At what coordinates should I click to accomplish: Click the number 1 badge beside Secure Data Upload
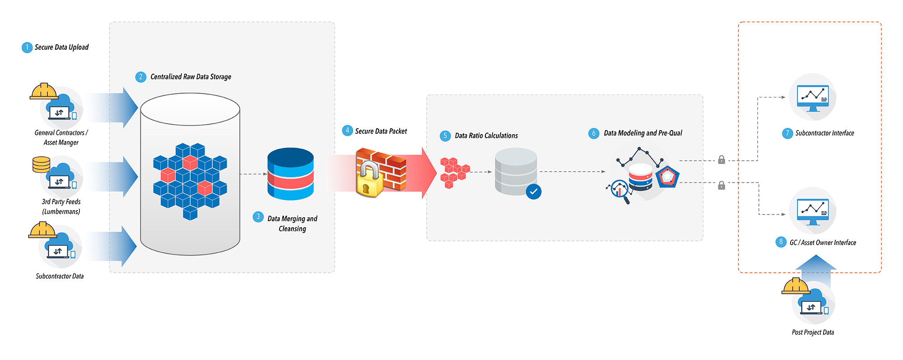pyautogui.click(x=27, y=47)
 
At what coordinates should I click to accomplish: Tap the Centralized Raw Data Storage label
pyautogui.click(x=191, y=77)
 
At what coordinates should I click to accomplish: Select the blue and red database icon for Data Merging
pyautogui.click(x=290, y=174)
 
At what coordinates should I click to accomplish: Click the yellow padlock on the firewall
pyautogui.click(x=369, y=180)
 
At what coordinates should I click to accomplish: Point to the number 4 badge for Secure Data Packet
pyautogui.click(x=347, y=131)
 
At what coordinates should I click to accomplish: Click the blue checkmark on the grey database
pyautogui.click(x=533, y=192)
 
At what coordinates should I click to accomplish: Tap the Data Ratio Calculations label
pyautogui.click(x=486, y=136)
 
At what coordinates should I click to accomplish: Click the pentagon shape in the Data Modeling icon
pyautogui.click(x=667, y=177)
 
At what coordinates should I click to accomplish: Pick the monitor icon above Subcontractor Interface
pyautogui.click(x=813, y=98)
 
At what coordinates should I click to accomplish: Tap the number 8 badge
pyautogui.click(x=781, y=242)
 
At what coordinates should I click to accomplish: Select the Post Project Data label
pyautogui.click(x=813, y=332)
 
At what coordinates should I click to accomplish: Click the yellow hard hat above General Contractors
pyautogui.click(x=44, y=91)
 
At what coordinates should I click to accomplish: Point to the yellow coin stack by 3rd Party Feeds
pyautogui.click(x=41, y=164)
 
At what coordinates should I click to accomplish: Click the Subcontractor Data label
pyautogui.click(x=60, y=276)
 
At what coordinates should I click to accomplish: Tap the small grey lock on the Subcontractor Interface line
pyautogui.click(x=721, y=159)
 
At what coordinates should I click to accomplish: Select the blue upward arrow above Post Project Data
pyautogui.click(x=816, y=270)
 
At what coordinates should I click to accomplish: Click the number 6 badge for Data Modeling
pyautogui.click(x=594, y=133)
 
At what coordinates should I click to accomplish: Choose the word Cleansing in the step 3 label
pyautogui.click(x=292, y=229)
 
